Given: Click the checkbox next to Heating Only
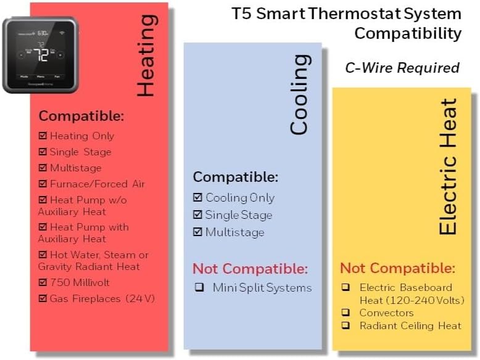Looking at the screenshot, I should [43, 136].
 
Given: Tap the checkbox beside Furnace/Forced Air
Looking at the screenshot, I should [43, 184].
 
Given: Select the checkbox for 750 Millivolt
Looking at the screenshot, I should [43, 282].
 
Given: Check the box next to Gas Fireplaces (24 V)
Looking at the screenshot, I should [43, 298].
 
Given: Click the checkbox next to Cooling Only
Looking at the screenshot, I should [197, 198].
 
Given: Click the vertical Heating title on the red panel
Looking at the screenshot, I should [146, 55].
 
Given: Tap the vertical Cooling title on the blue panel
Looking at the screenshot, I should [299, 94].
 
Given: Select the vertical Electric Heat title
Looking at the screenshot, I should [449, 166].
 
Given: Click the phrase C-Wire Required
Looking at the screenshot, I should [402, 68].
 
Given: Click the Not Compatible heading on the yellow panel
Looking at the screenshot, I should [397, 268].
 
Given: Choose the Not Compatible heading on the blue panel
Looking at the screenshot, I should [250, 268].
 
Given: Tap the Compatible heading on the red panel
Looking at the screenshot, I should [81, 116].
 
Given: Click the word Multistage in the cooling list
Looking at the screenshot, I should [234, 232].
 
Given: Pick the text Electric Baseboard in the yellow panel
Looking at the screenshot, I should [406, 287].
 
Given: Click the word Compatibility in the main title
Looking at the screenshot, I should [407, 33].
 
